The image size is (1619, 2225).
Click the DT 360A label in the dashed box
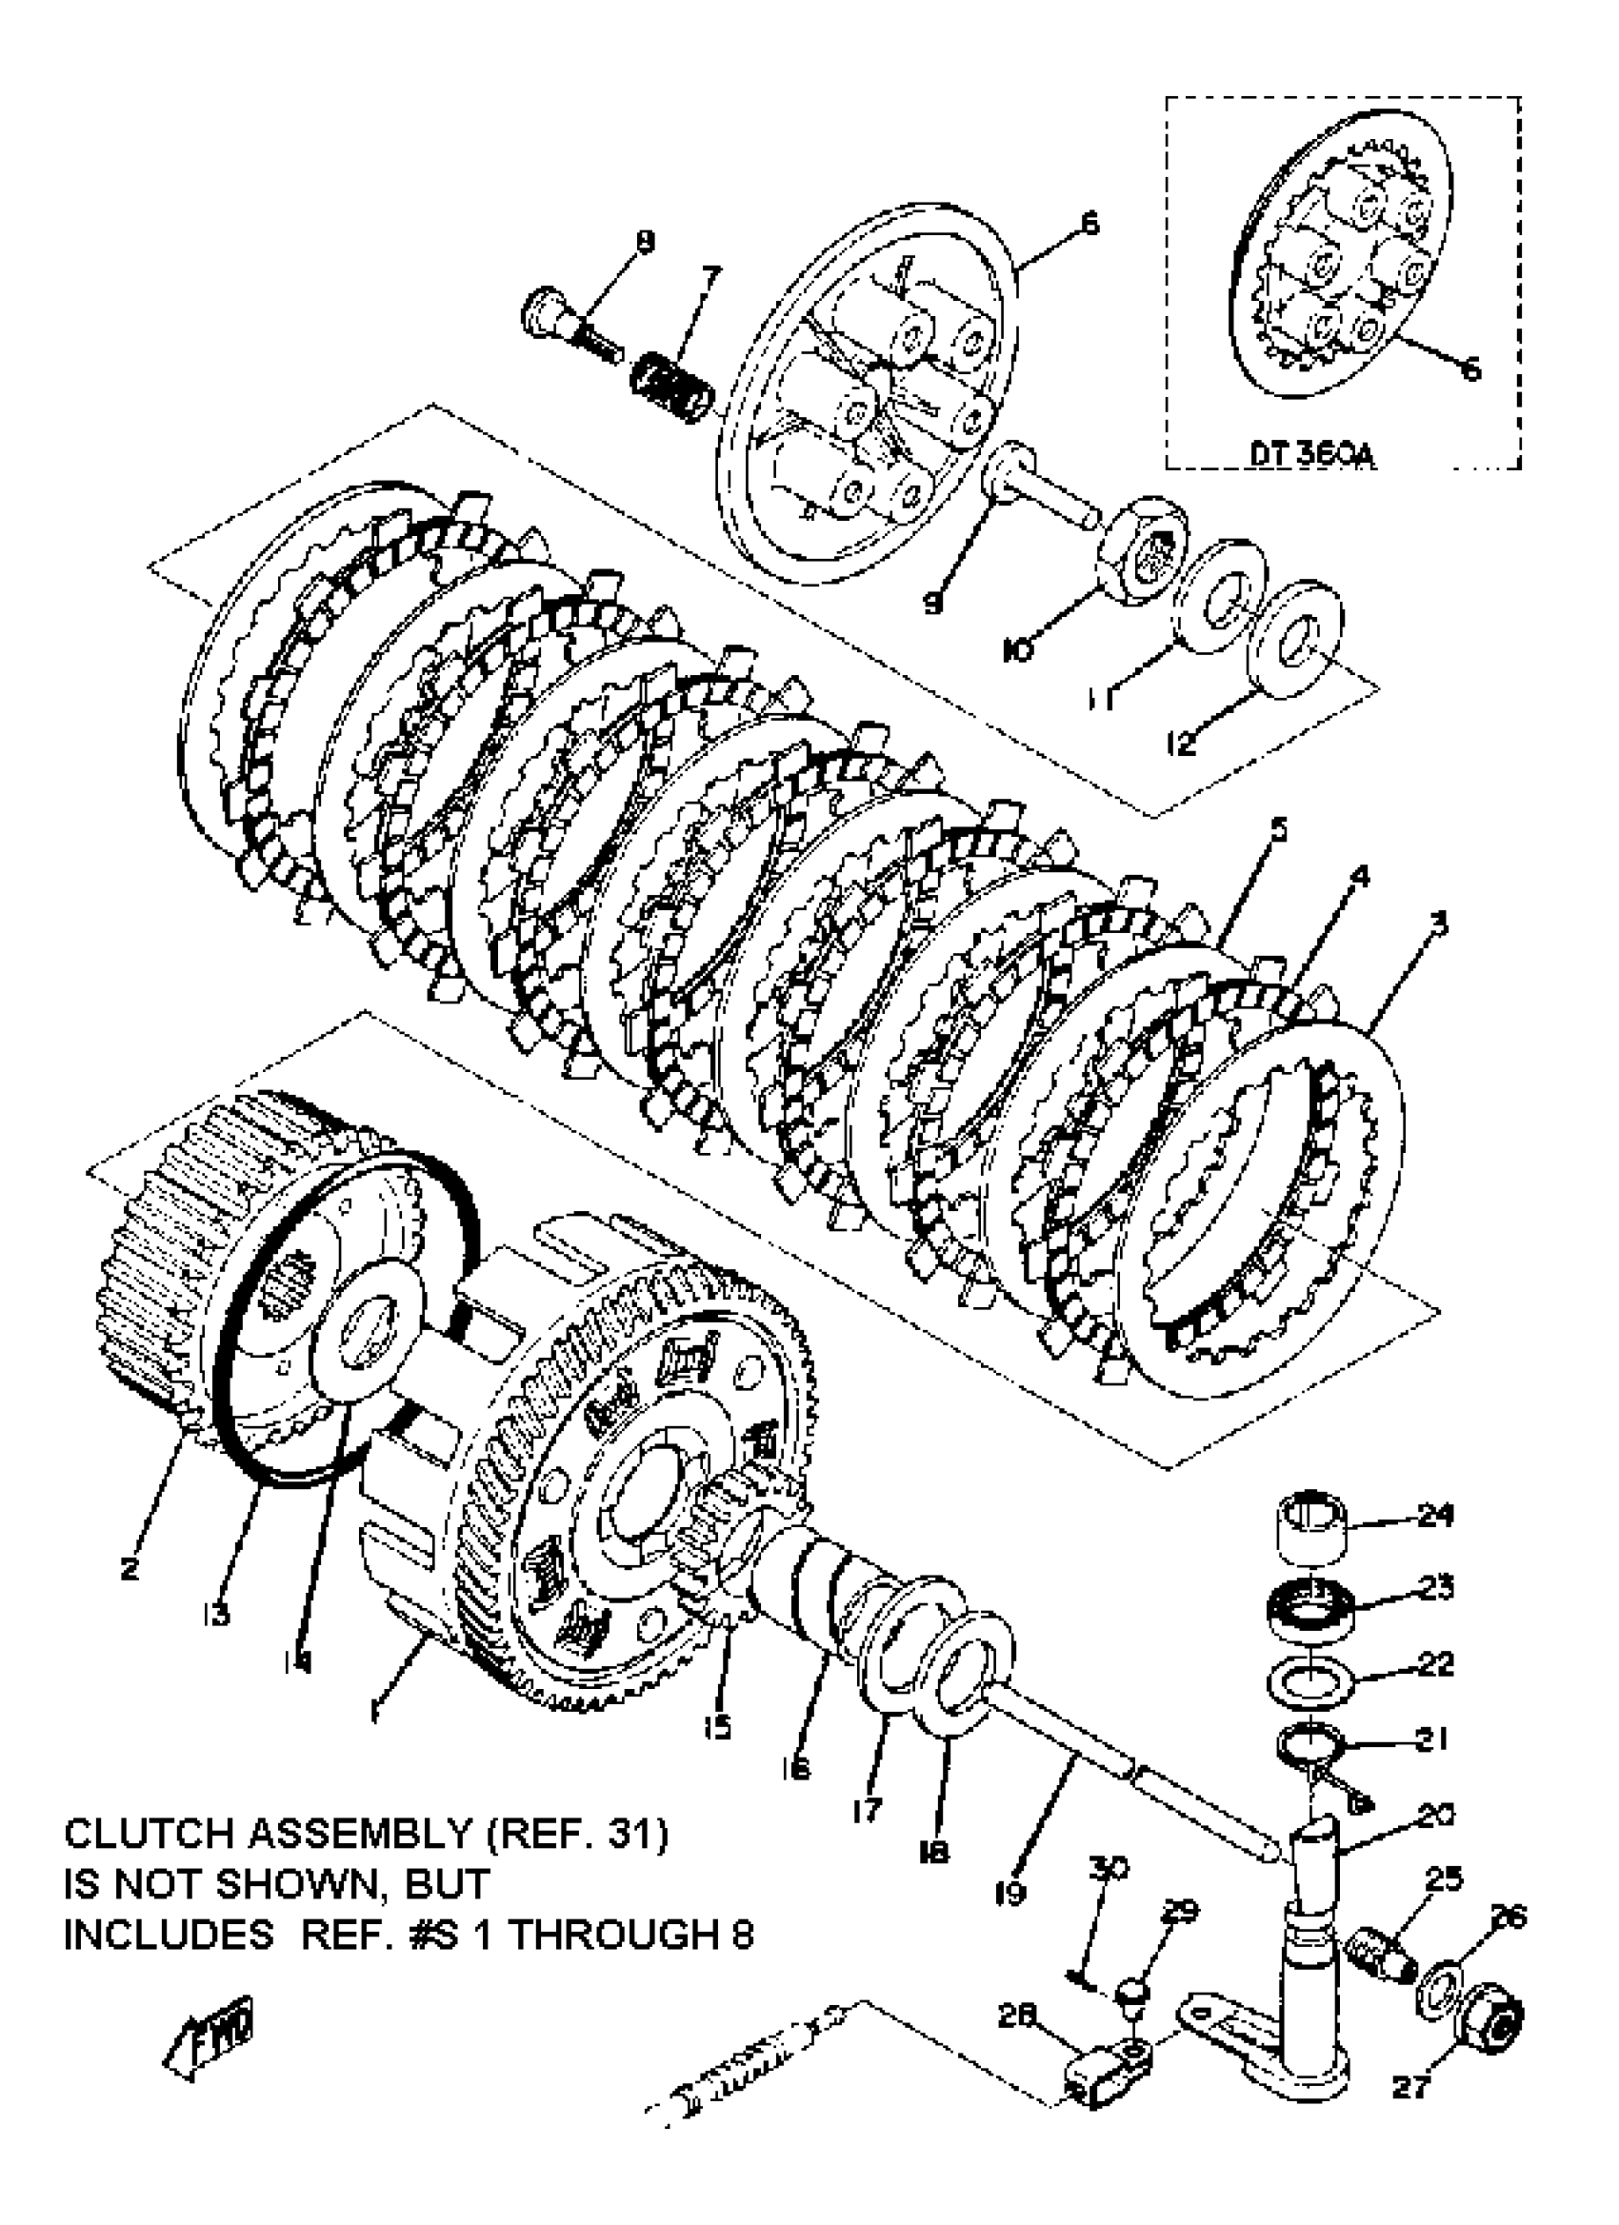[x=1312, y=455]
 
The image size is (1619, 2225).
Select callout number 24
[x=1435, y=1516]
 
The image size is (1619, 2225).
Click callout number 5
[x=1276, y=829]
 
